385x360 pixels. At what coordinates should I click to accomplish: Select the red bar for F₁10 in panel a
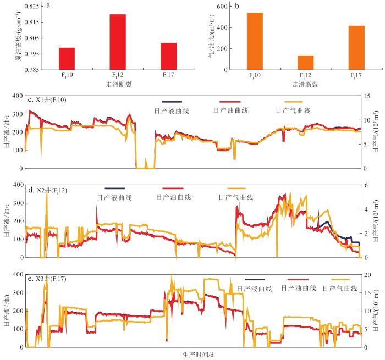coord(67,59)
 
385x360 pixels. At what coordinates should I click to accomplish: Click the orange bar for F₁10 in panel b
coord(255,41)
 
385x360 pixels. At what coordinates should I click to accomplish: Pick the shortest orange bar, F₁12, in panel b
coord(305,63)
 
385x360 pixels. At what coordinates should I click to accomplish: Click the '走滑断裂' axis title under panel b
coord(305,85)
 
